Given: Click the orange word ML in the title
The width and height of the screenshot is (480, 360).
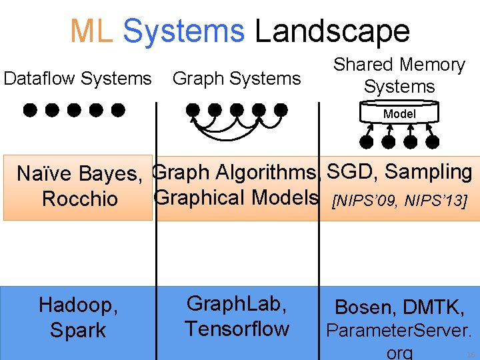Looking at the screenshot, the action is [92, 31].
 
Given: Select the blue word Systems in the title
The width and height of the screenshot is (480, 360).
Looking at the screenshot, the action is [183, 31].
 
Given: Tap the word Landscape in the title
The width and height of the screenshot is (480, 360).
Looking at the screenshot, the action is [332, 31].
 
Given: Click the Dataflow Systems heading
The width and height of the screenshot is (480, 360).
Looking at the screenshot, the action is [77, 79].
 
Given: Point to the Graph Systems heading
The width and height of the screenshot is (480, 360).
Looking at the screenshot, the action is [237, 79].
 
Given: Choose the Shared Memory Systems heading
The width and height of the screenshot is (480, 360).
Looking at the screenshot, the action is [399, 75].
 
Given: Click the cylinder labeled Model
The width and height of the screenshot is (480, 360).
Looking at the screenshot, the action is [399, 114].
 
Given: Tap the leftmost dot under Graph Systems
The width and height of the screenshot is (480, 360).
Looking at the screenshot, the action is [193, 109].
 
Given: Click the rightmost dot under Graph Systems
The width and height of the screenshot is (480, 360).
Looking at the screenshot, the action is [281, 109].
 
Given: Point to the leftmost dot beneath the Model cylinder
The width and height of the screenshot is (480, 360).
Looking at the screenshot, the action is [366, 141].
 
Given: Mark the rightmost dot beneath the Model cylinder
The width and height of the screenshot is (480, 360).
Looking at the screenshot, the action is [433, 141].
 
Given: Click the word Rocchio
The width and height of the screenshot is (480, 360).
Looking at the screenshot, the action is [79, 199].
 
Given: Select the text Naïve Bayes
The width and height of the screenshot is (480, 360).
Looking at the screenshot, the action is [79, 174].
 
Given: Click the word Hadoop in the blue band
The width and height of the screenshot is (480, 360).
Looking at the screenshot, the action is [78, 305].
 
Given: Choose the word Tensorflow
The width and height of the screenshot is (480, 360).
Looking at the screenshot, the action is [237, 329].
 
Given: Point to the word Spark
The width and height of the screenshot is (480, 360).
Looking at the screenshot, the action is [78, 331].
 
